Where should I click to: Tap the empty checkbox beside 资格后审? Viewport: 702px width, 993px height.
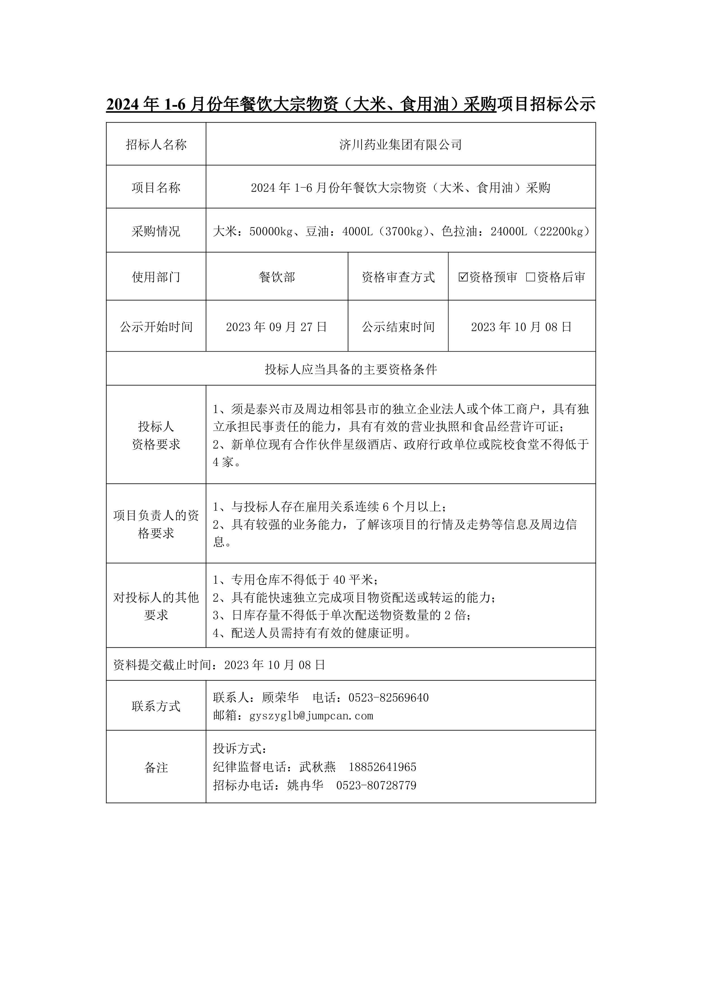[530, 277]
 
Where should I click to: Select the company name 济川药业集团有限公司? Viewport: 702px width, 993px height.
[401, 144]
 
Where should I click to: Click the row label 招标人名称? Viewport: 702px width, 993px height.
[156, 144]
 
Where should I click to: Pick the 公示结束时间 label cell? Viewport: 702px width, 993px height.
[398, 327]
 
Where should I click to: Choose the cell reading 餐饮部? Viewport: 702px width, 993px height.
[277, 277]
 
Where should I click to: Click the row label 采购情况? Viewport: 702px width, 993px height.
[156, 231]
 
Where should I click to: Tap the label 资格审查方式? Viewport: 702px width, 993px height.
[398, 277]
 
